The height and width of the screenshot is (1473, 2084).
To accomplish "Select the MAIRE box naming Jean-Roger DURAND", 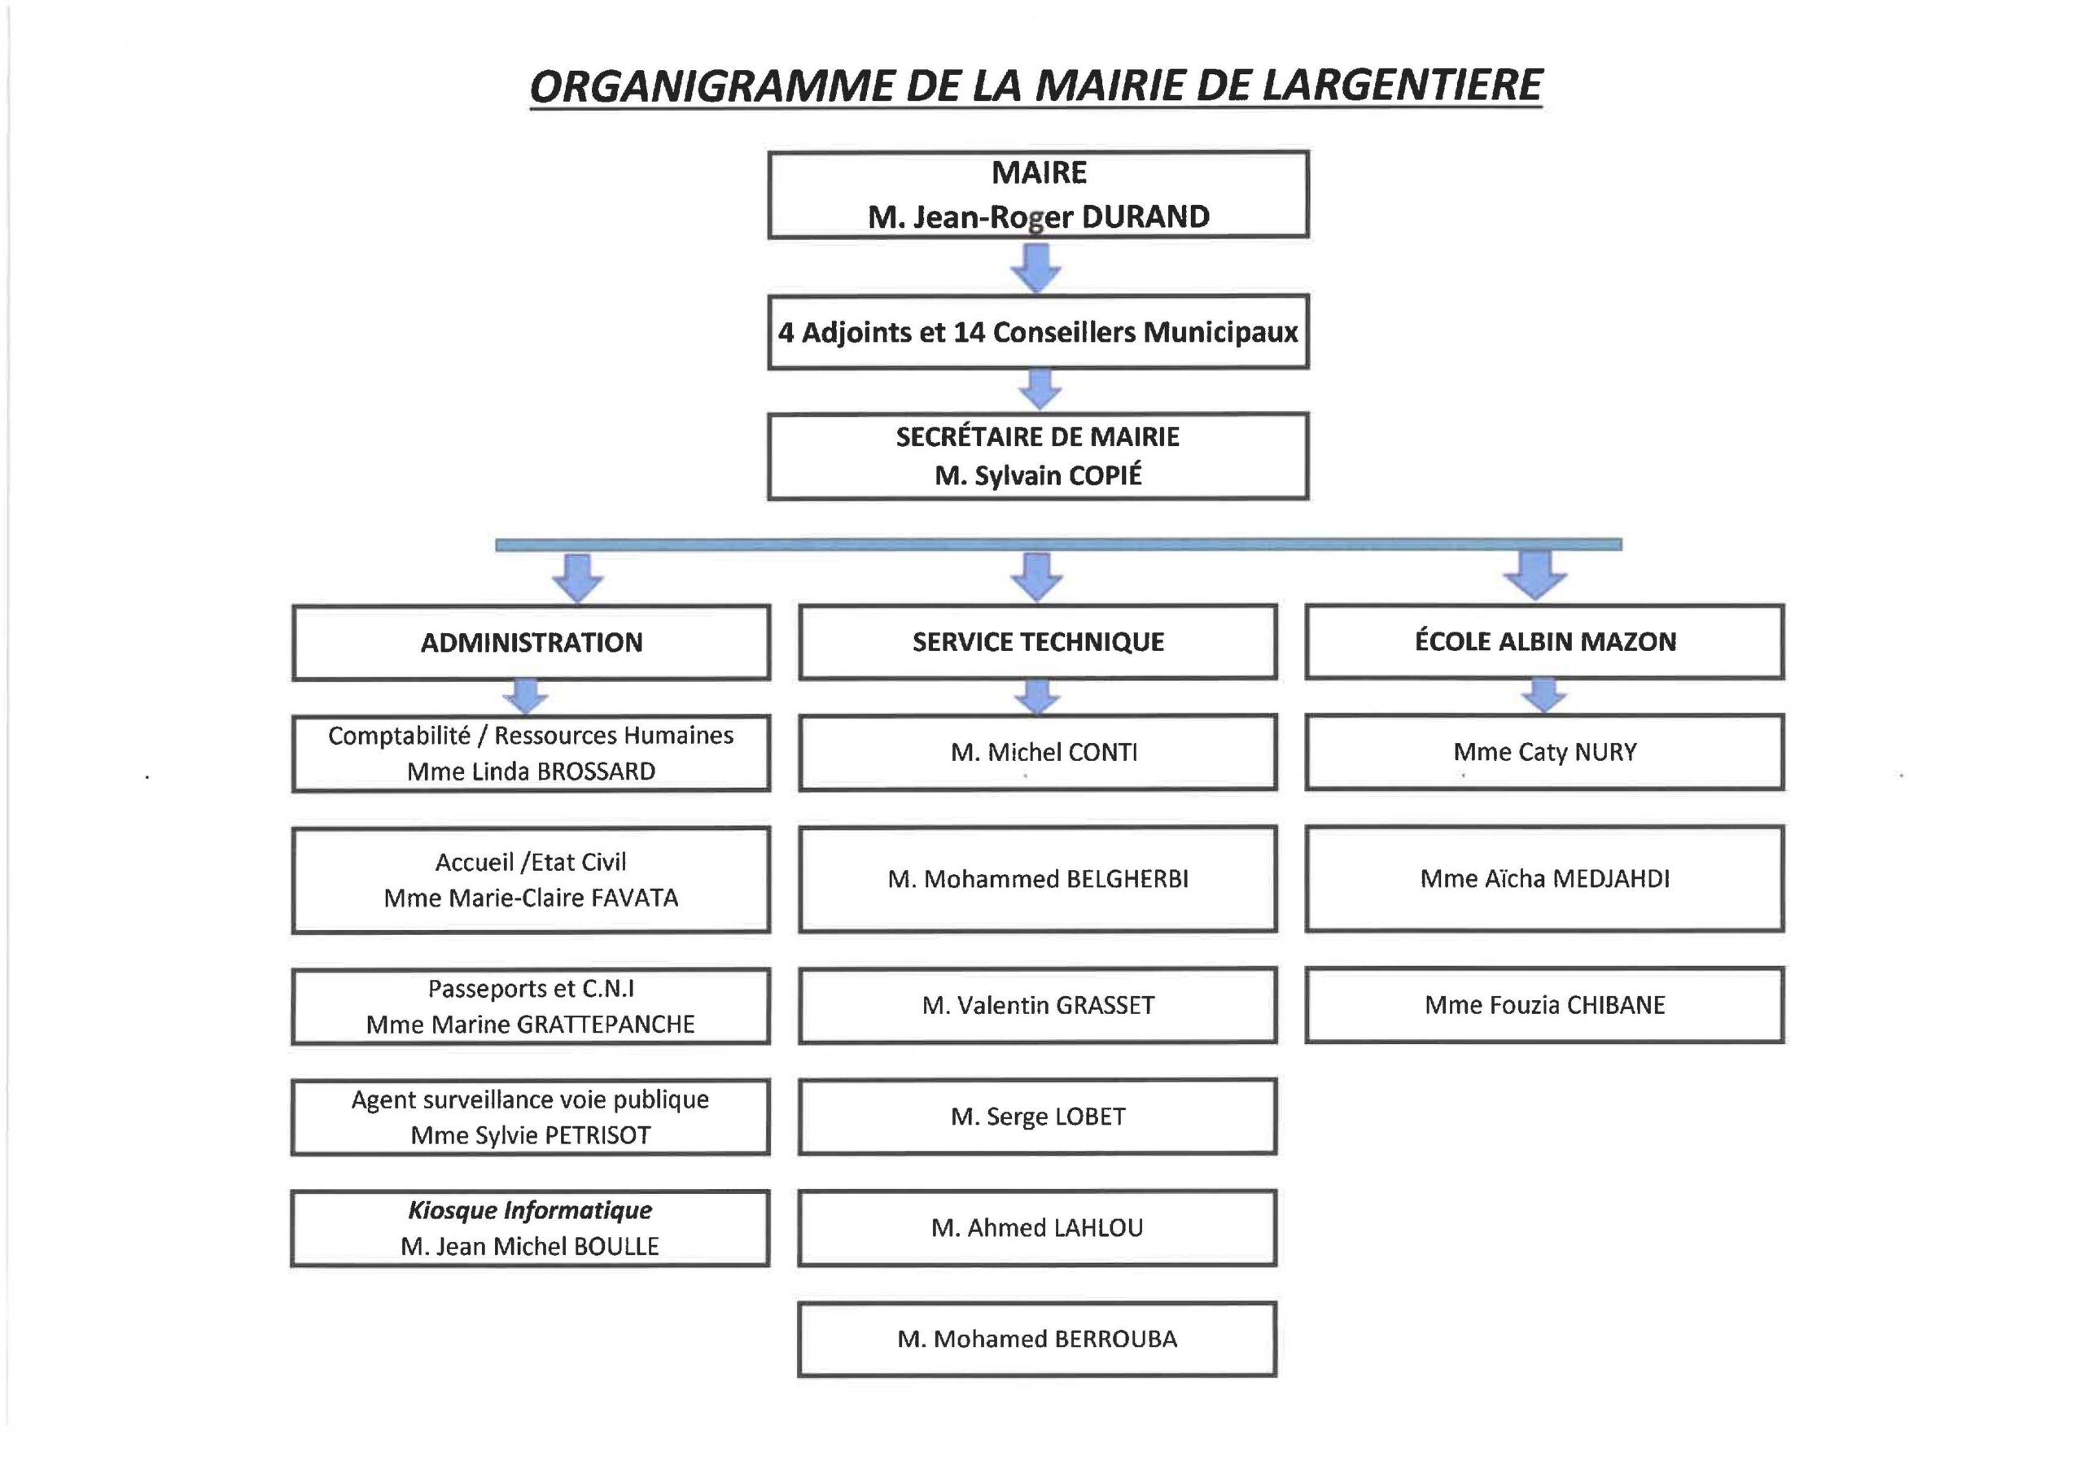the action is coord(1039,195).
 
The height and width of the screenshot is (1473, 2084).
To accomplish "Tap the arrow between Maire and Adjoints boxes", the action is coord(1037,268).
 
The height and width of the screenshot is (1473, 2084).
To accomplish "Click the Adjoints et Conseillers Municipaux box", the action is coord(1039,331).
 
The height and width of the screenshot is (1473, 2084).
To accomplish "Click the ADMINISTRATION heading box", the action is coord(531,643).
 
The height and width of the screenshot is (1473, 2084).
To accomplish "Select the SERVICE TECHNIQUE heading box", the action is coord(1039,641).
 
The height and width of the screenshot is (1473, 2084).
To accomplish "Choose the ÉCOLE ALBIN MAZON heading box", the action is coord(1545,641).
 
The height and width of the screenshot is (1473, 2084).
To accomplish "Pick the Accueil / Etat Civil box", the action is coord(531,880).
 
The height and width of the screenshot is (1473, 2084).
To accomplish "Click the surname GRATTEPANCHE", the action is coord(606,1025).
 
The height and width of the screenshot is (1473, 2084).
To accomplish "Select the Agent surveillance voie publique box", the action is coord(530,1117).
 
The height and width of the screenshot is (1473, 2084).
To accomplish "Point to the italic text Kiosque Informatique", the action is coord(530,1211).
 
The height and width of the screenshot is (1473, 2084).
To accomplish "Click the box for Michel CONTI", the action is coord(1039,753).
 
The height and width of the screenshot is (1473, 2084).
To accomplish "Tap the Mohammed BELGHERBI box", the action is coord(1039,879).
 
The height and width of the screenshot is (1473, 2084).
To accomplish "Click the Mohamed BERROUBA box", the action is coord(1037,1340).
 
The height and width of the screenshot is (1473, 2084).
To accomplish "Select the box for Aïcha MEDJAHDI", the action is coord(1545,879).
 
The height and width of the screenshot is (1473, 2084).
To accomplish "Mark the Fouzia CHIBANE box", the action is coord(1545,1005).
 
